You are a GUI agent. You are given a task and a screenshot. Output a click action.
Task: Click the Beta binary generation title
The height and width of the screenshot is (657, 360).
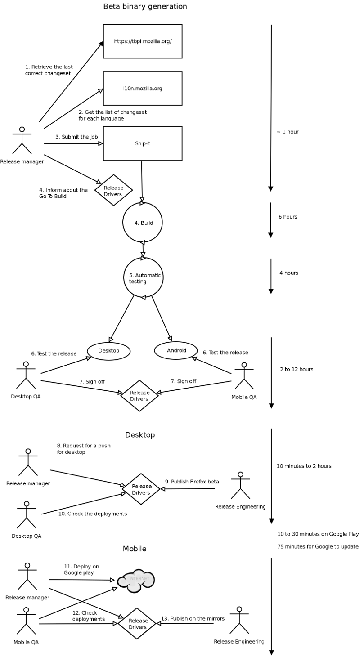(x=145, y=6)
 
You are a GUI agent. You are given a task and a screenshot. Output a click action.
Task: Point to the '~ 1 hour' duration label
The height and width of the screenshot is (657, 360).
(x=288, y=132)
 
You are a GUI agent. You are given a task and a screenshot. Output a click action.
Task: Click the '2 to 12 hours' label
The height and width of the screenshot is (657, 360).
(x=297, y=369)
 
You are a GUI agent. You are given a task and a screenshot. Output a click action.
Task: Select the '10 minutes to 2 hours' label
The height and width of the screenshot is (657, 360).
(x=304, y=466)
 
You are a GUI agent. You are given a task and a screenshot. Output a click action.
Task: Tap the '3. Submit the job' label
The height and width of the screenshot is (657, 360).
(x=76, y=137)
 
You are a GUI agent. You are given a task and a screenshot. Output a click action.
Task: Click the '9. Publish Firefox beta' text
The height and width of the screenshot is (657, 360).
(x=192, y=482)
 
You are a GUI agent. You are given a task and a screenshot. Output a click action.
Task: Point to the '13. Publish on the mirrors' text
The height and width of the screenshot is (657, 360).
(x=193, y=619)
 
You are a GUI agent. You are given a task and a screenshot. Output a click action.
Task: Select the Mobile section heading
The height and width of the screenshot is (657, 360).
(x=135, y=549)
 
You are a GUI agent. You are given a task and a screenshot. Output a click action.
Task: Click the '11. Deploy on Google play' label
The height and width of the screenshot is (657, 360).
(x=81, y=569)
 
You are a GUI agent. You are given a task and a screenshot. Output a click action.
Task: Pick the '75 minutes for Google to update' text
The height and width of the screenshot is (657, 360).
(x=318, y=547)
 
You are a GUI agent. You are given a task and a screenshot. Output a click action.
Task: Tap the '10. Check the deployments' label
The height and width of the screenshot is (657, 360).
(x=93, y=514)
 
